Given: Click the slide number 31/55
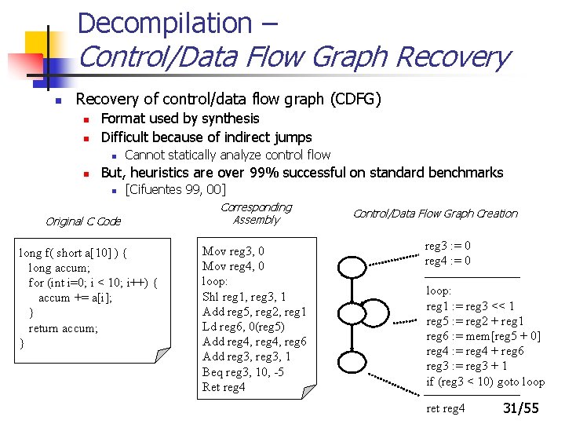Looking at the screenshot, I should (520, 408).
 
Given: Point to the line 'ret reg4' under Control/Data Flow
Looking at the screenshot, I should (445, 408).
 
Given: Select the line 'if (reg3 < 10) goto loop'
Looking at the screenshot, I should (485, 382).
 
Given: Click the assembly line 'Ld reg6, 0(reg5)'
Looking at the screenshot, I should (243, 327).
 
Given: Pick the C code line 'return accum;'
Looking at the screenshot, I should (63, 328).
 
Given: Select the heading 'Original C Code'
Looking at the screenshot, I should (83, 221).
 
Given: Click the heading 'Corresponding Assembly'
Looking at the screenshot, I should (256, 214).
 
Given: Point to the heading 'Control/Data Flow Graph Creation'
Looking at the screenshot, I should (436, 214).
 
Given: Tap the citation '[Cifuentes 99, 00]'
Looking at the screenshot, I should (176, 189).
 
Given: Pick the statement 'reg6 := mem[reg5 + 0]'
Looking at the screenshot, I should (483, 336).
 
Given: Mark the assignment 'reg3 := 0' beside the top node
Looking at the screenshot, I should (447, 246).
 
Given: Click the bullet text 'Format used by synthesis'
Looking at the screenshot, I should (180, 119).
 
